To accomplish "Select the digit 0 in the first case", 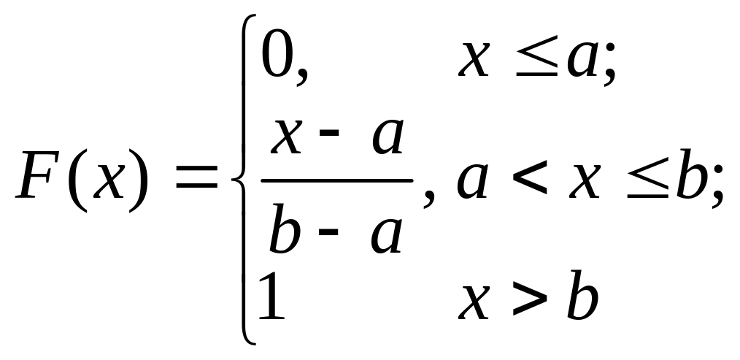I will tap(277, 58).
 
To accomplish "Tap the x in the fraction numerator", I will tap(288, 137).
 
